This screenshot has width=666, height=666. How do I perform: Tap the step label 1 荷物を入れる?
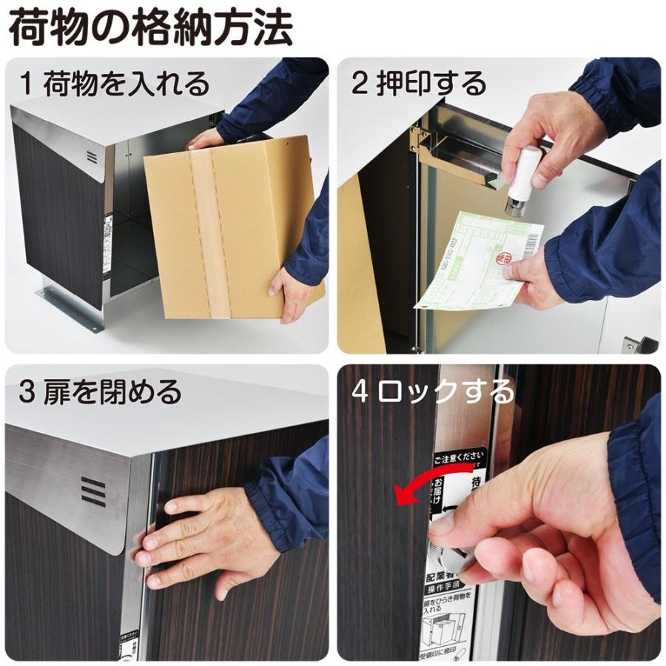coord(115,84)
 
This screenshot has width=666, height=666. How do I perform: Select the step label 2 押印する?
coord(419,84)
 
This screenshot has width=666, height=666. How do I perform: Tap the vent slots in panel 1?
coord(91,157)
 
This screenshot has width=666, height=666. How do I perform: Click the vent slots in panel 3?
coord(93,492)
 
